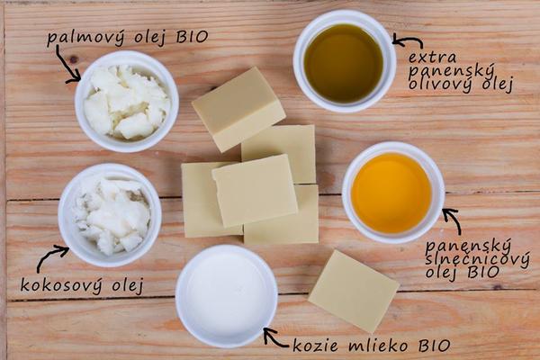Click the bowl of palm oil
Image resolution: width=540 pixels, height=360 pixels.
[126, 102]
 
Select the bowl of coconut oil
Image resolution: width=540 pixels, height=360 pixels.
[110, 215]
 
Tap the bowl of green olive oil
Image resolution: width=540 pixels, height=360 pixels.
[345, 61]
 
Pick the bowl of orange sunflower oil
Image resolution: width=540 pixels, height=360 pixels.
[393, 193]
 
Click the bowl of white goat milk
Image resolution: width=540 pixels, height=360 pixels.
[227, 296]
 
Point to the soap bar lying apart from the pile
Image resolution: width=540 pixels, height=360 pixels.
[354, 291]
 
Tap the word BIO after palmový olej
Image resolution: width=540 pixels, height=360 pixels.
[193, 37]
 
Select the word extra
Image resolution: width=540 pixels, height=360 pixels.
[432, 58]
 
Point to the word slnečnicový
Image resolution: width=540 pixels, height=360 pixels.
[477, 260]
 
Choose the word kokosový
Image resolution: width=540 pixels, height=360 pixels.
[61, 285]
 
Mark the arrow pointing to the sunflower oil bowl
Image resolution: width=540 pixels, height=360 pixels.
[454, 221]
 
